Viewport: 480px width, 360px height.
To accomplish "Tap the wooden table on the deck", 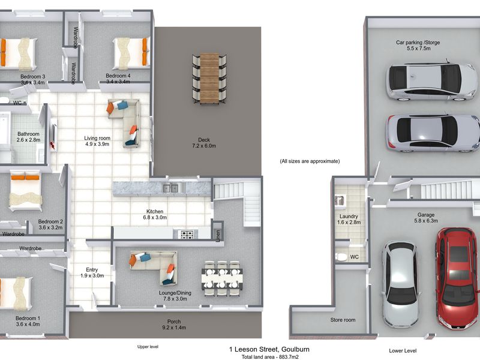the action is point(209,79).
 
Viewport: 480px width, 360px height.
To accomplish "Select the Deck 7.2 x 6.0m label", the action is point(204,143).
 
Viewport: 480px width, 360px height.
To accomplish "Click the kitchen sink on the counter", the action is point(170,188).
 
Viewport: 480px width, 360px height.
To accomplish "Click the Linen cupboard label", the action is point(218,235).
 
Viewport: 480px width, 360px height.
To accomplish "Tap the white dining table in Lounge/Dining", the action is point(222,278).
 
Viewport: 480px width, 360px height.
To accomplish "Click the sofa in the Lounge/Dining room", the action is point(154,267).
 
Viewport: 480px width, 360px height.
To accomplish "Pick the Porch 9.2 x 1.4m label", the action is point(174,325).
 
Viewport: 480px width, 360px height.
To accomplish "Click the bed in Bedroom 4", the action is point(131,53).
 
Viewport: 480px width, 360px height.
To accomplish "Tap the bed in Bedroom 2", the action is point(25,191).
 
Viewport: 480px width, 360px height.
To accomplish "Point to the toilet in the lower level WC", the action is point(341,257).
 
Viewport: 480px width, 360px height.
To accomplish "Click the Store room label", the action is point(343,320).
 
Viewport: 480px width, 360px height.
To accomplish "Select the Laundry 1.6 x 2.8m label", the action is point(349,219).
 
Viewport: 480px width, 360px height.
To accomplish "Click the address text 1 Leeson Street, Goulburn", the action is point(269,349).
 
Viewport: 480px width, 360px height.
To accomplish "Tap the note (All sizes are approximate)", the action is point(310,161).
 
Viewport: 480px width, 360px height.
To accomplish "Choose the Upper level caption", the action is point(148,347).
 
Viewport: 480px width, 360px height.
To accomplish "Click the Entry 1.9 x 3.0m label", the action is point(92,272).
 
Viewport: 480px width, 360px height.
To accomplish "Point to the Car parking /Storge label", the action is point(418,43).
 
